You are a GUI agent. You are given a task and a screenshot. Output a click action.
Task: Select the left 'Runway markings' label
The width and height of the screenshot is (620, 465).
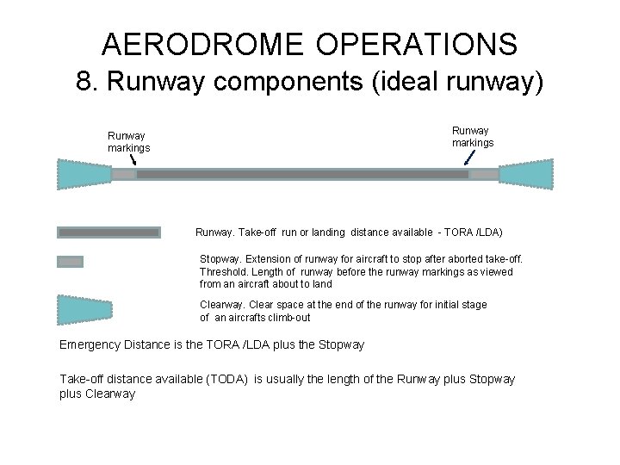pyautogui.click(x=128, y=141)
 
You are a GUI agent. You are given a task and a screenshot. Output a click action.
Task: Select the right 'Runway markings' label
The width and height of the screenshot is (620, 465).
pyautogui.click(x=473, y=136)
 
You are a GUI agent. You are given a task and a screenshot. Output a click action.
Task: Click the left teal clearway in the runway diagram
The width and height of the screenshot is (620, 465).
pyautogui.click(x=84, y=174)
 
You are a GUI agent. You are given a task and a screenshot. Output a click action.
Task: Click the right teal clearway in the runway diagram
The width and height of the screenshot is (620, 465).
pyautogui.click(x=526, y=174)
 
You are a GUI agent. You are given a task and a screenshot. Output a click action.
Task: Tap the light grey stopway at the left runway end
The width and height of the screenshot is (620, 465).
pyautogui.click(x=124, y=174)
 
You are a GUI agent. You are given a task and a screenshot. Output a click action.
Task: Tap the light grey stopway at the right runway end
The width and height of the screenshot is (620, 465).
pyautogui.click(x=484, y=174)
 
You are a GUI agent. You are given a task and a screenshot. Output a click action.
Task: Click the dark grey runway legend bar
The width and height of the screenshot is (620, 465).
pyautogui.click(x=108, y=232)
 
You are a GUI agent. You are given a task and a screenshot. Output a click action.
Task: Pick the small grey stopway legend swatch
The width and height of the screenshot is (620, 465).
pyautogui.click(x=70, y=262)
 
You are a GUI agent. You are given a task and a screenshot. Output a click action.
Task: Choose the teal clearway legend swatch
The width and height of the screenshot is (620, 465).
pyautogui.click(x=84, y=310)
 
